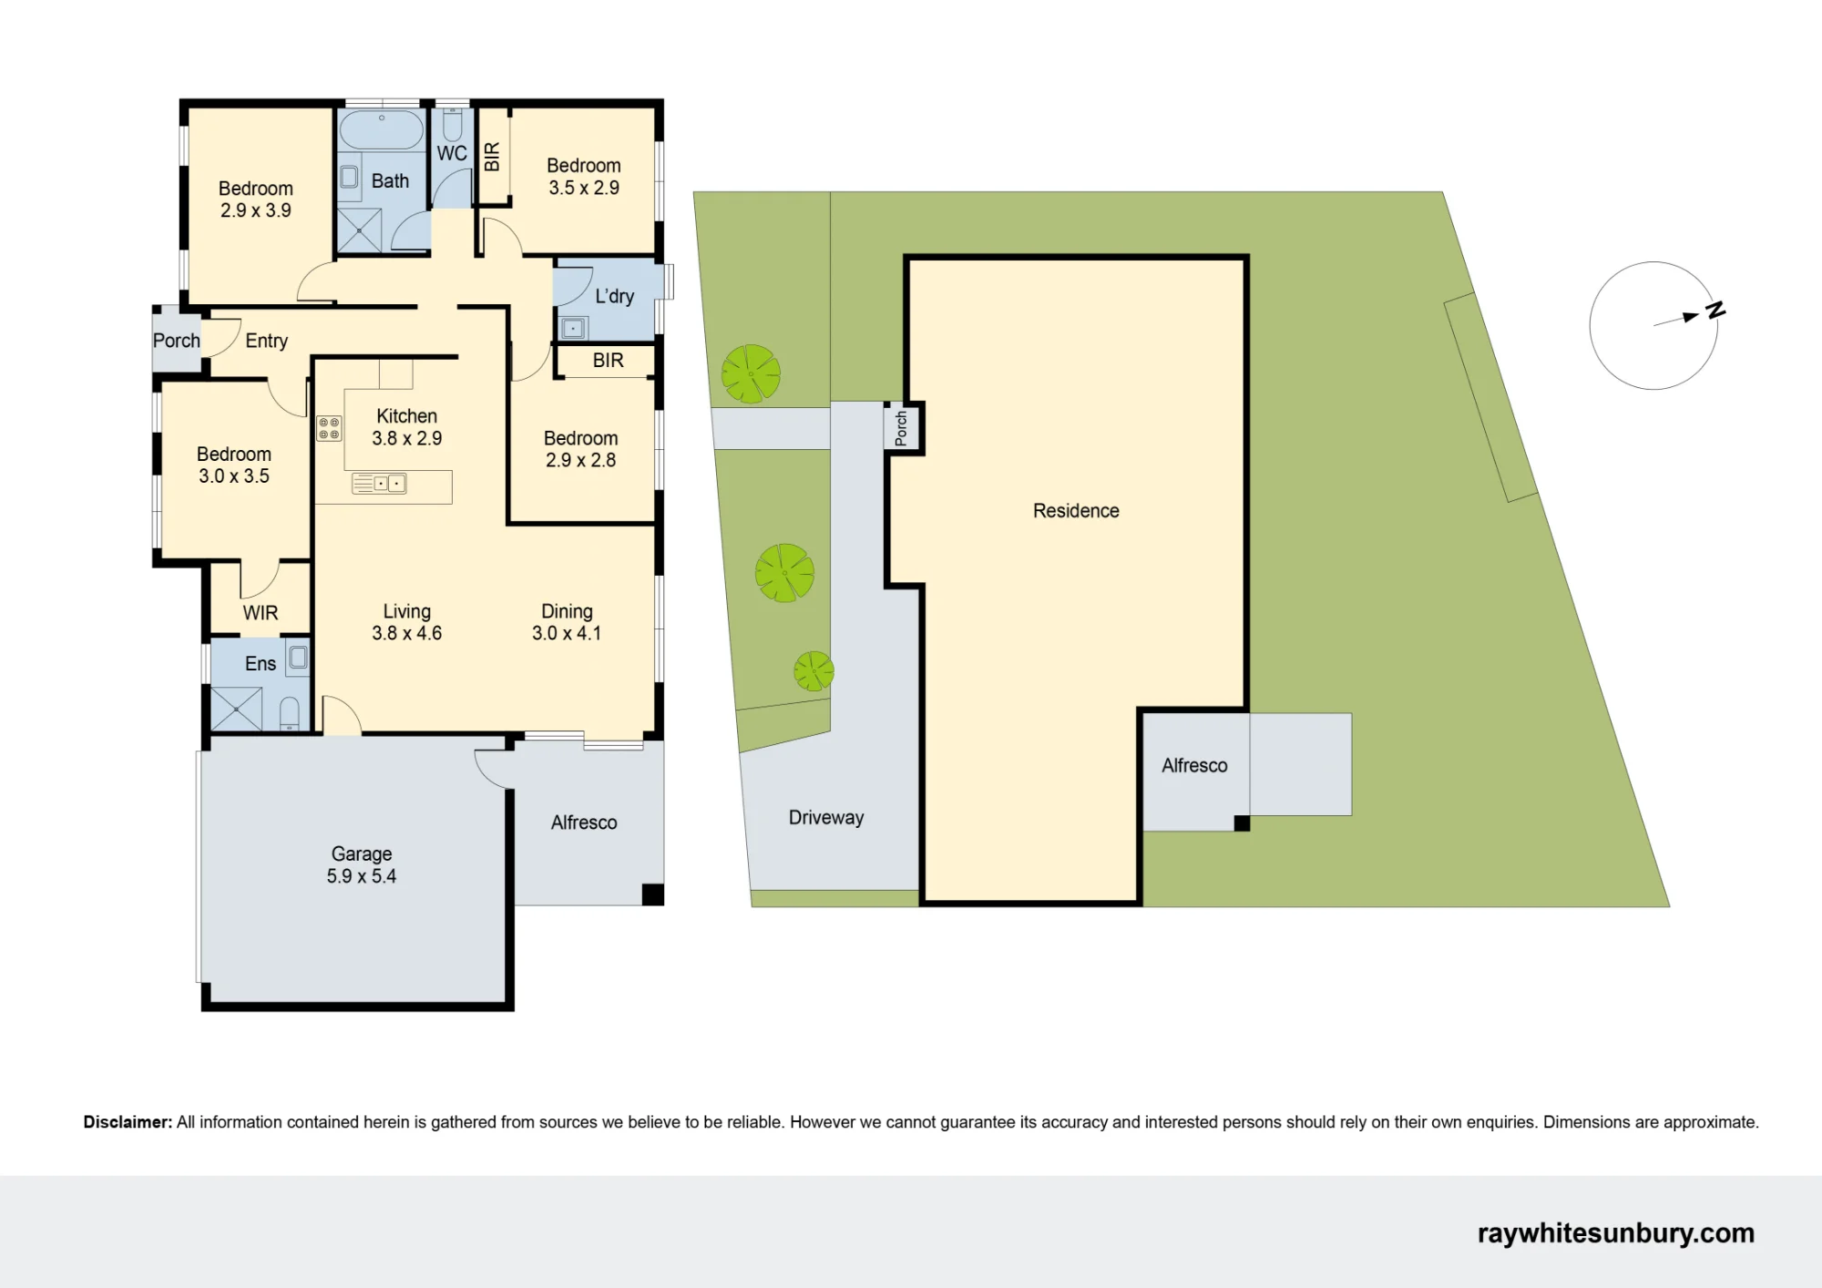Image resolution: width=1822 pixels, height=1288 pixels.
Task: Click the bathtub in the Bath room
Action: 382,130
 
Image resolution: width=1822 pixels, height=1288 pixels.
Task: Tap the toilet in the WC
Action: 453,124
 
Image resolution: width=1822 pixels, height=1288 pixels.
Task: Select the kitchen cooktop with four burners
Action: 329,428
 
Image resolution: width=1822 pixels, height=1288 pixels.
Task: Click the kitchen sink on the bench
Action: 379,484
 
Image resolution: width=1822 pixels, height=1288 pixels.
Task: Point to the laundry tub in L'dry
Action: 573,327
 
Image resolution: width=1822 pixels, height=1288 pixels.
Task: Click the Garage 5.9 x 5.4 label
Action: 362,865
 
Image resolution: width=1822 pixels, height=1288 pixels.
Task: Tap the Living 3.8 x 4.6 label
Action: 406,622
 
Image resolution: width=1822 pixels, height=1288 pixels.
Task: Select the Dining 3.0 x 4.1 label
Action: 567,622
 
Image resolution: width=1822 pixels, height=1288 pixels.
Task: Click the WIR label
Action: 261,613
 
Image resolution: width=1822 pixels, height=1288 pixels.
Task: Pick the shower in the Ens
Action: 237,709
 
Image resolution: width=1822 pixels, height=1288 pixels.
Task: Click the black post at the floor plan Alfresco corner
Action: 652,894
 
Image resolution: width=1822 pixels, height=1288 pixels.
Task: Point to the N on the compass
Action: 1715,311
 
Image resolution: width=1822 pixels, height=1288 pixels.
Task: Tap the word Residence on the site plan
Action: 1076,511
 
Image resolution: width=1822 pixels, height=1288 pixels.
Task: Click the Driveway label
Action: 826,818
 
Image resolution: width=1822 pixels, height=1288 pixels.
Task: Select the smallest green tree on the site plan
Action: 814,671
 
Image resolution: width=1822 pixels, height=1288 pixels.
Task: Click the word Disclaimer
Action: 128,1122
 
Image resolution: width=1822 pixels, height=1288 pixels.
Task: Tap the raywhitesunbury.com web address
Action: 1616,1233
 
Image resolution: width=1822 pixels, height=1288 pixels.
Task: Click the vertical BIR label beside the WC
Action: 492,157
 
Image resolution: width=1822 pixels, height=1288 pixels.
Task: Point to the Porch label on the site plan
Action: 901,428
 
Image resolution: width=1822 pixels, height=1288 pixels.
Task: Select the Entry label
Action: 267,341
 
